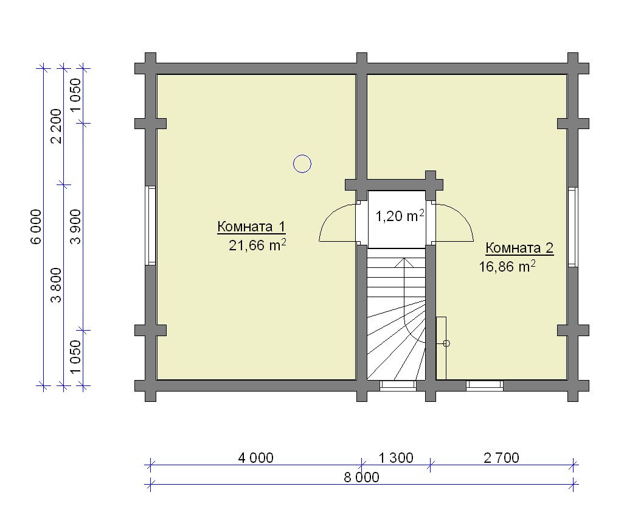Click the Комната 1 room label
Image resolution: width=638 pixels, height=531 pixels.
point(251,227)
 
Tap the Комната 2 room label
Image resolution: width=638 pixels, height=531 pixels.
point(519,248)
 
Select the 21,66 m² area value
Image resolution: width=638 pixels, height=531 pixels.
point(257,245)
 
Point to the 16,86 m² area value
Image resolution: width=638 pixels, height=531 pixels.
point(507,266)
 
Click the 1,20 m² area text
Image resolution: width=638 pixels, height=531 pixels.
point(400,215)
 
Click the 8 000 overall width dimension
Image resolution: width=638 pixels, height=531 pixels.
point(361,477)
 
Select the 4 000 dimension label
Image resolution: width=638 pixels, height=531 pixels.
point(255,458)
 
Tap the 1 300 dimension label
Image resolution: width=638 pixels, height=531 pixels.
point(396,458)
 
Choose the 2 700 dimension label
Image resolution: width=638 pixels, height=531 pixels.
point(501,458)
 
